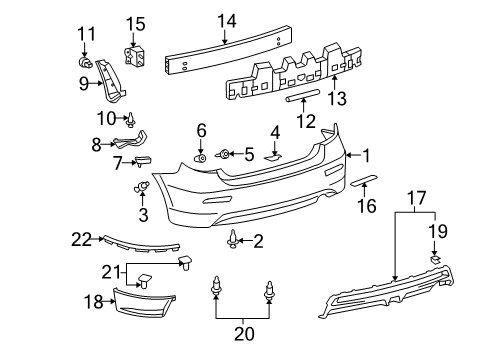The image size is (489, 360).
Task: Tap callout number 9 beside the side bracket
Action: point(85,85)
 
